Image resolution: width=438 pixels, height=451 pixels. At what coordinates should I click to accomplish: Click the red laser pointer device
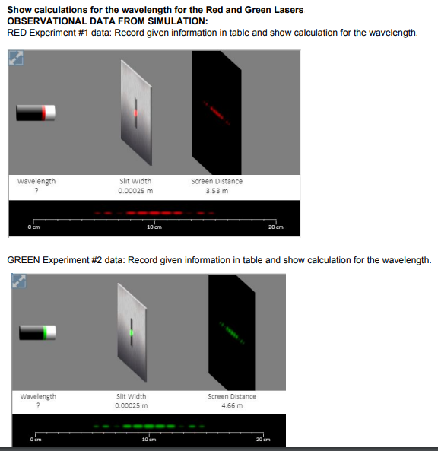(36, 113)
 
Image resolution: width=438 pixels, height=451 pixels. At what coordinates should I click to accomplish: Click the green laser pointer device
(38, 333)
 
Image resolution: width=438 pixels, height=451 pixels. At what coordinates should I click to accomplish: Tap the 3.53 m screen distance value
(217, 191)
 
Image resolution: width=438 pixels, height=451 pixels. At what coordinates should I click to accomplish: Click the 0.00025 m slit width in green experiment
(131, 405)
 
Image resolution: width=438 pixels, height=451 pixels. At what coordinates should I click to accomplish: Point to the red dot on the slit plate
(135, 113)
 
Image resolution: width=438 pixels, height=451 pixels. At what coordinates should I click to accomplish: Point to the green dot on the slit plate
(131, 333)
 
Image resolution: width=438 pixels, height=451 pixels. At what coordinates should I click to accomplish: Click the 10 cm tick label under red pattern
(153, 227)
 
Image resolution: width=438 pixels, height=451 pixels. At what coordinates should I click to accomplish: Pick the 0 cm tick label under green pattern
(36, 441)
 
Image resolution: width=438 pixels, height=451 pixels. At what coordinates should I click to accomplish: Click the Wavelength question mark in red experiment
(36, 191)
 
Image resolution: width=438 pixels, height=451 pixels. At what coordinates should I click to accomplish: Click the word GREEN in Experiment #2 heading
(25, 261)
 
